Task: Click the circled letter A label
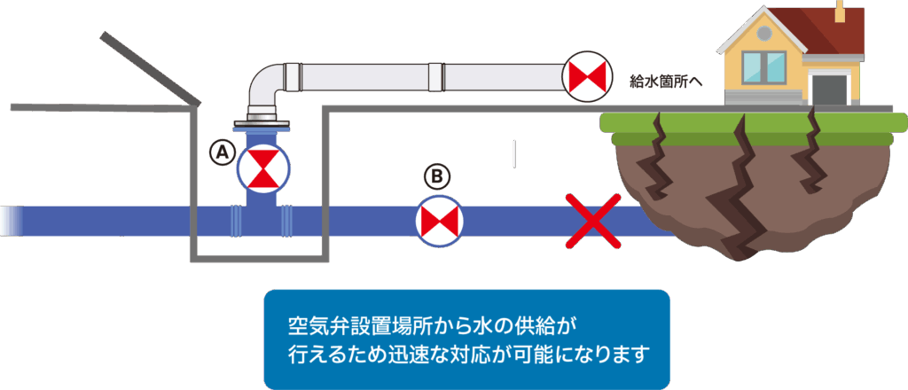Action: [x=222, y=152]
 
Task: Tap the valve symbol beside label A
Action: [x=263, y=168]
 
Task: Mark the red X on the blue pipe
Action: [x=593, y=222]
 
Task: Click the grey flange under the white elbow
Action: [x=262, y=124]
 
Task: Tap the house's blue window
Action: [x=763, y=67]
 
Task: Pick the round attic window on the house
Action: [x=763, y=33]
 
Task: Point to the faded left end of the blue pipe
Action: [x=12, y=221]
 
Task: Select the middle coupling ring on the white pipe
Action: [x=437, y=76]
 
